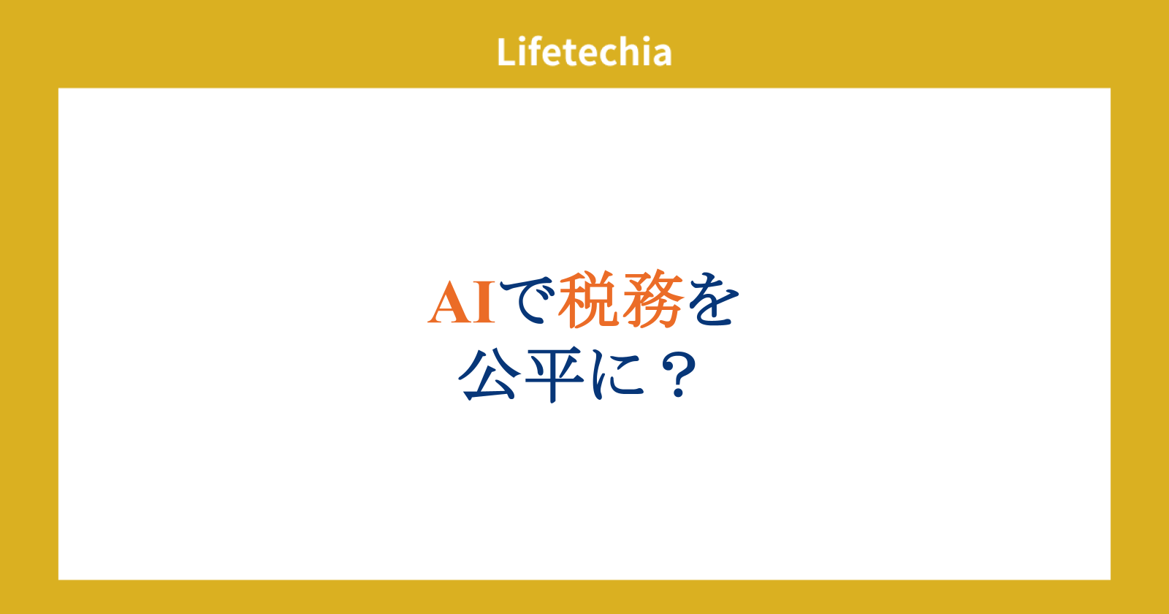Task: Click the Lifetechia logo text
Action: (584, 52)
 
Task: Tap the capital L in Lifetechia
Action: (506, 52)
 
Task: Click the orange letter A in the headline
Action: (450, 303)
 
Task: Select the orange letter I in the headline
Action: (484, 303)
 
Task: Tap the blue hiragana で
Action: (526, 300)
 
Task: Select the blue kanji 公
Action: (490, 374)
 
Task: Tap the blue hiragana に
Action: (618, 375)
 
